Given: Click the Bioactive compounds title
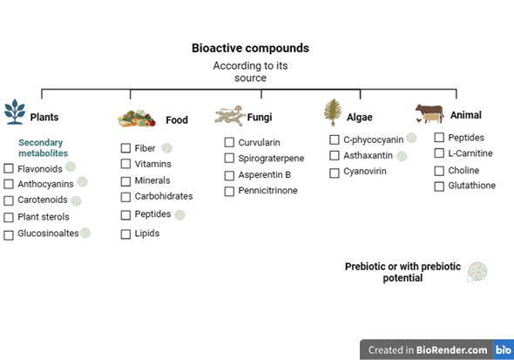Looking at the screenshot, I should tap(250, 48).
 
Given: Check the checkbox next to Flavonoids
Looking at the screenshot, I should tap(9, 168).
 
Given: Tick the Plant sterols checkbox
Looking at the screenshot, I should tap(9, 217).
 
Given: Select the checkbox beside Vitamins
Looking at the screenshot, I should tap(126, 164).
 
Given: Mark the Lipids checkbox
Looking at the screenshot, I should tap(126, 234).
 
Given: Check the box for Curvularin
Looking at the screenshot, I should tap(229, 142).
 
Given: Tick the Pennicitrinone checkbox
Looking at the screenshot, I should tap(229, 191).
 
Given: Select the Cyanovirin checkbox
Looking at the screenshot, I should tap(335, 173).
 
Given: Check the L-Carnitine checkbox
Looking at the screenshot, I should tap(439, 153).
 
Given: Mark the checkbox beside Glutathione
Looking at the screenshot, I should tap(439, 186).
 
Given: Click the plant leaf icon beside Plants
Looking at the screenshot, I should tap(15, 112).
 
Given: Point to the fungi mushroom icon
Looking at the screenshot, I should tap(231, 116).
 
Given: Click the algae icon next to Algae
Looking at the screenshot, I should tap(332, 113).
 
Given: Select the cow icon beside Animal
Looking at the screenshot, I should tap(429, 114).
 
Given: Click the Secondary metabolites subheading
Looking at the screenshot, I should tap(43, 147).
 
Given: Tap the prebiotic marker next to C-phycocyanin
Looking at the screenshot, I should tap(411, 138).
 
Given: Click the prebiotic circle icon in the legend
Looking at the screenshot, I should tap(477, 272).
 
